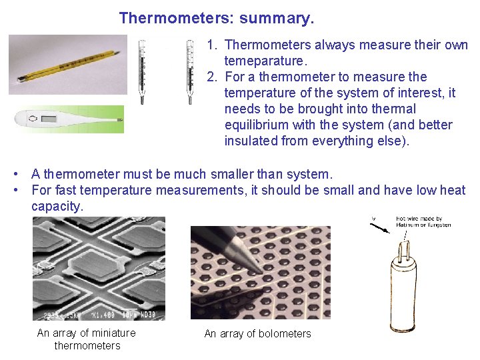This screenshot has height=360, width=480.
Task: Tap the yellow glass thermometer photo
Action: (x=67, y=64)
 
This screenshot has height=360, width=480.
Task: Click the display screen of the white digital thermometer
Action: (x=49, y=120)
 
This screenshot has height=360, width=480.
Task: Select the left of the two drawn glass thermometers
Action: (x=141, y=71)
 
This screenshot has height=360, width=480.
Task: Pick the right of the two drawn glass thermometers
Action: (x=189, y=71)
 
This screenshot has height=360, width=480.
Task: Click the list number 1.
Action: (x=211, y=45)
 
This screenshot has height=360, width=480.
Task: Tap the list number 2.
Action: (x=211, y=77)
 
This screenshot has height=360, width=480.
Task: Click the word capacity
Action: (x=56, y=206)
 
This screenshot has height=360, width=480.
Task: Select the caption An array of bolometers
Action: (x=257, y=333)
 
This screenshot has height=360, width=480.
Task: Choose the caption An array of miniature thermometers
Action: (x=87, y=339)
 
